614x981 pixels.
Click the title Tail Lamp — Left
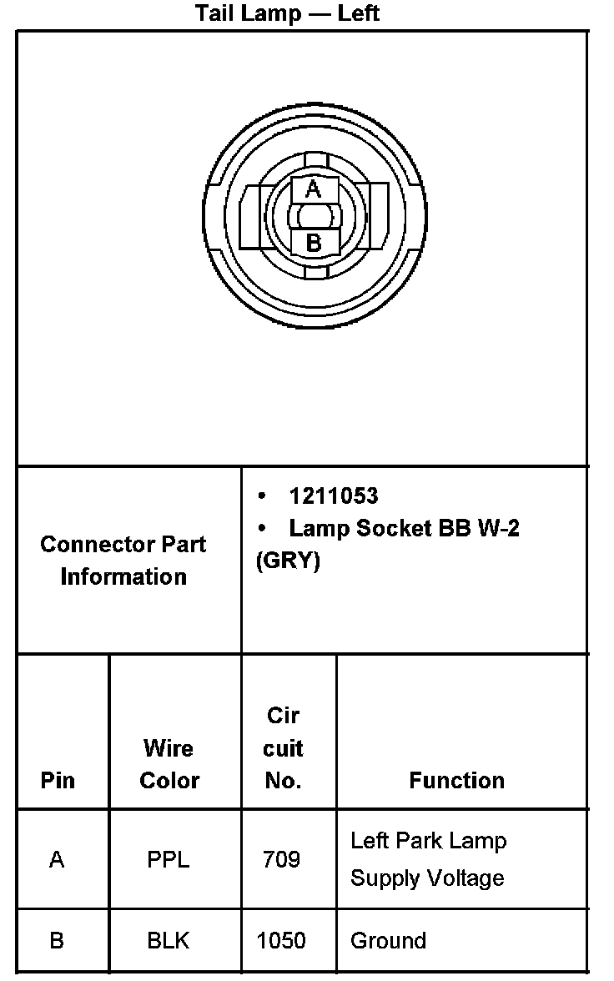coord(288,13)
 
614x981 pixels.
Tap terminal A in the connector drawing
coord(313,189)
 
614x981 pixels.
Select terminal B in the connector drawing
coord(314,243)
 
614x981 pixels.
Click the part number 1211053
coord(333,496)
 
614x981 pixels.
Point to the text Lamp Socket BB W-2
coord(404,528)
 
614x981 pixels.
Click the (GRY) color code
coord(288,561)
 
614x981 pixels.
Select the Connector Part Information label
coord(123,560)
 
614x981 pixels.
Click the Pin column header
coord(58,781)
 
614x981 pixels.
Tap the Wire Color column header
coord(169,764)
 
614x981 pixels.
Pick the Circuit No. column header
coord(283,748)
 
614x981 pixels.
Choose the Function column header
coord(456,781)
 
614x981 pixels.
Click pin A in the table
coord(57,859)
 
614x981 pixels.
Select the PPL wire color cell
coord(169,859)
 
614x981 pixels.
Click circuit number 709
coord(281,859)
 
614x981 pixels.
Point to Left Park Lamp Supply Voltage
coord(428,858)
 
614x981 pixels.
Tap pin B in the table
coord(57,941)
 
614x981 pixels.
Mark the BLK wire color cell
coord(169,941)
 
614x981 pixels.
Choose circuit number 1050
coord(281,941)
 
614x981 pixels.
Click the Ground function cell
coord(388,941)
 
